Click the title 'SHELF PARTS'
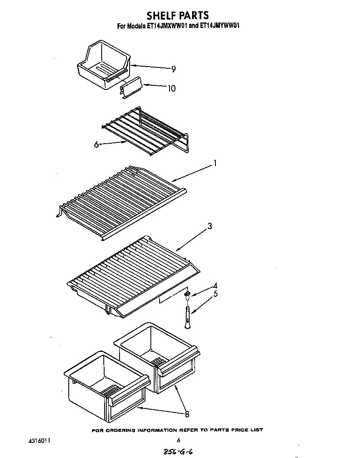(x=177, y=15)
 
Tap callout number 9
(x=173, y=70)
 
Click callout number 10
(x=171, y=88)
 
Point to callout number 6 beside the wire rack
(x=96, y=144)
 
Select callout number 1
(x=215, y=164)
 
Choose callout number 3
(x=210, y=226)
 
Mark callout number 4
(x=215, y=286)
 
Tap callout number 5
(x=215, y=294)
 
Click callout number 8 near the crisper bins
(x=187, y=414)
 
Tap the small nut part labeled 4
(x=187, y=295)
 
